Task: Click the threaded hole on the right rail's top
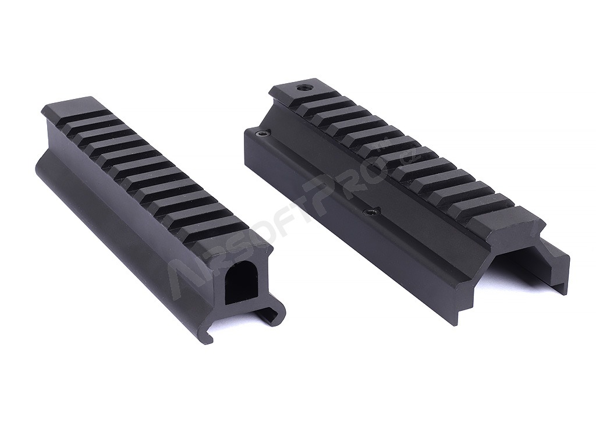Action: [x=303, y=88]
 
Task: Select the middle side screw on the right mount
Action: [x=368, y=211]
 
